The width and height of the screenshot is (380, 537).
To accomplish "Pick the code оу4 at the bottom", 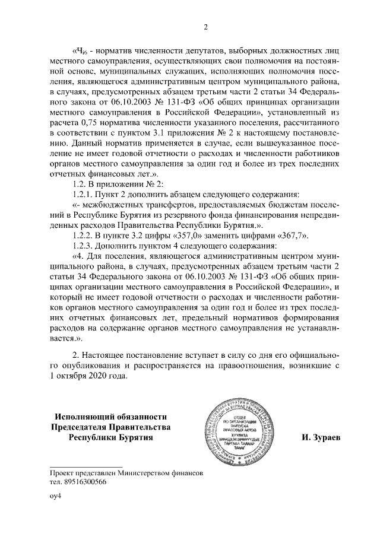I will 56,503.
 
